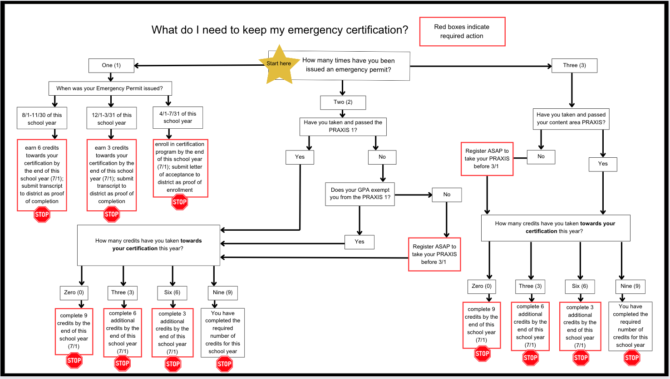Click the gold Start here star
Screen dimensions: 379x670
point(279,64)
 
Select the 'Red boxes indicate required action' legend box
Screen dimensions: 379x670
point(462,32)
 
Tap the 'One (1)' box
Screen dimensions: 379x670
point(111,65)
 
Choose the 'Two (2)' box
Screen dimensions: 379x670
point(343,102)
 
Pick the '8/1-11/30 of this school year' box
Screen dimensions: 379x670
point(42,119)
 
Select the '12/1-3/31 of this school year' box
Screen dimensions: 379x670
point(111,119)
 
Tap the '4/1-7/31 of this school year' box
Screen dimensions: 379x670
point(177,117)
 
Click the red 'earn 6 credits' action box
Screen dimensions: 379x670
point(42,175)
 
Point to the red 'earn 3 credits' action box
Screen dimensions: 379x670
point(111,175)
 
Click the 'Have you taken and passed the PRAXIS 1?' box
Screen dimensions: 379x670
point(343,126)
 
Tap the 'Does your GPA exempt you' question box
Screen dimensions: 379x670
point(360,194)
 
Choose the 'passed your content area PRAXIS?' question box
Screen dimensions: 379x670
point(571,119)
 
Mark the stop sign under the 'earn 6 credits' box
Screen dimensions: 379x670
point(42,215)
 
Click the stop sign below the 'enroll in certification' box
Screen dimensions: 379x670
point(180,202)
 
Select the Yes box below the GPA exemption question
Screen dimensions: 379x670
point(360,242)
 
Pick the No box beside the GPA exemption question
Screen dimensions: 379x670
point(447,194)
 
